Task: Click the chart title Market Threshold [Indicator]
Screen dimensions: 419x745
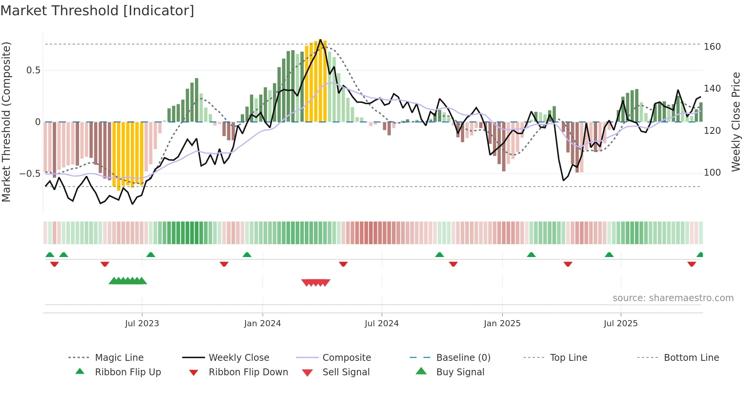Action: (x=97, y=11)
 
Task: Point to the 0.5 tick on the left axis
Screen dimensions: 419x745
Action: (x=33, y=70)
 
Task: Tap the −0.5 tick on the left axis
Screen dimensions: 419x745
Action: (x=30, y=174)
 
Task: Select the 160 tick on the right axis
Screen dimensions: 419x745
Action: (x=712, y=47)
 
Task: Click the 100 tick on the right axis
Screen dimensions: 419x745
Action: (x=712, y=173)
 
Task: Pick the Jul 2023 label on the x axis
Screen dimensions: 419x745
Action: (x=142, y=324)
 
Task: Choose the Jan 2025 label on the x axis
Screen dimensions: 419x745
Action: (x=502, y=324)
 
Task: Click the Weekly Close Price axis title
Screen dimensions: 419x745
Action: (x=736, y=122)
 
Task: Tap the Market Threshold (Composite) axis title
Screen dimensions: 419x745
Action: (x=6, y=122)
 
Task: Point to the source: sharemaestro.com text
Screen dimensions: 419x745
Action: (x=673, y=298)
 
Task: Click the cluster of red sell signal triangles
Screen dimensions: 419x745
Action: (x=315, y=283)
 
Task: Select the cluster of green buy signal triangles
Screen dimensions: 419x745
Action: (x=128, y=281)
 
